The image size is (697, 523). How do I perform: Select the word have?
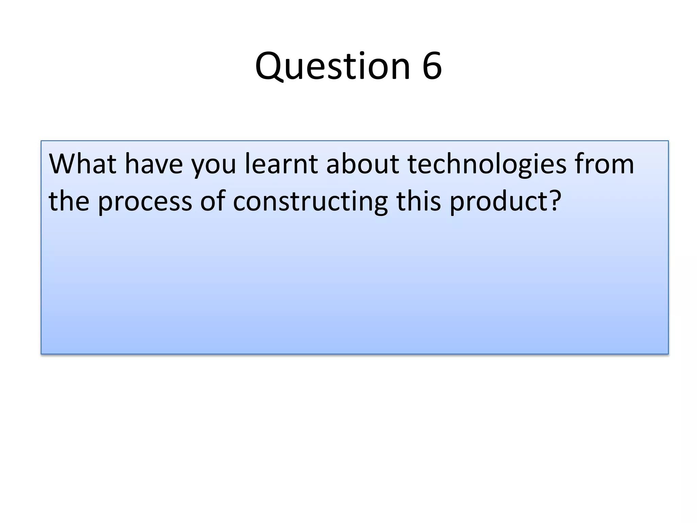[x=153, y=164]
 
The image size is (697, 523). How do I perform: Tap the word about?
[x=362, y=164]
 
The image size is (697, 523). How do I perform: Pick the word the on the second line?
[x=69, y=201]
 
